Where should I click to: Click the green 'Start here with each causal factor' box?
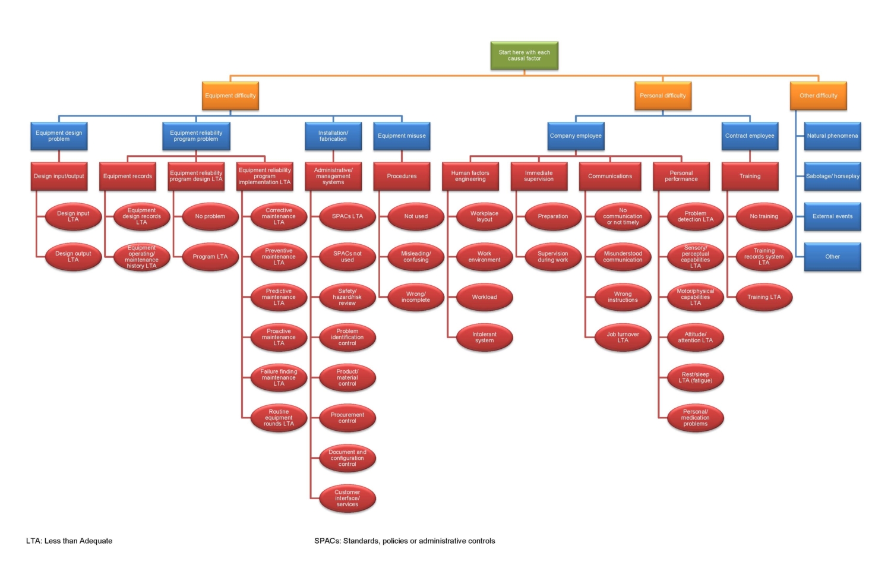[524, 55]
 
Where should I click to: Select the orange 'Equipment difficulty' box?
[230, 96]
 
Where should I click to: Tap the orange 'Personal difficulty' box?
[662, 96]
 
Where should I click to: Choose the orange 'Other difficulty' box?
[818, 96]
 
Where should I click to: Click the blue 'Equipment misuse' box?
[402, 136]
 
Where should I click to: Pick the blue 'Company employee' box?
[575, 136]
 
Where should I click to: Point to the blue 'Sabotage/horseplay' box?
[832, 176]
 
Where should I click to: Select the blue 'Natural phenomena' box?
[832, 136]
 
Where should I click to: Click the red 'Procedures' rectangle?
[402, 176]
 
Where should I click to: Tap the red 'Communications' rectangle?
[609, 176]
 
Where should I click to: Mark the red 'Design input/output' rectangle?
[59, 176]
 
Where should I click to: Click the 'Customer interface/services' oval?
[347, 499]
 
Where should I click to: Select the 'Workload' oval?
[484, 297]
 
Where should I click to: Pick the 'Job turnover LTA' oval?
[623, 338]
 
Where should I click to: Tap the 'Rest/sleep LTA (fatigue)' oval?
[695, 378]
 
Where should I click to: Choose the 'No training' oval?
[764, 217]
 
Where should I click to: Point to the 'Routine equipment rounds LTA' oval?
[279, 418]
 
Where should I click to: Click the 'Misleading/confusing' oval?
[416, 257]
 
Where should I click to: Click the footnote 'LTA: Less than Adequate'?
[69, 541]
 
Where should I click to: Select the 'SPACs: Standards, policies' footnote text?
[405, 541]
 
